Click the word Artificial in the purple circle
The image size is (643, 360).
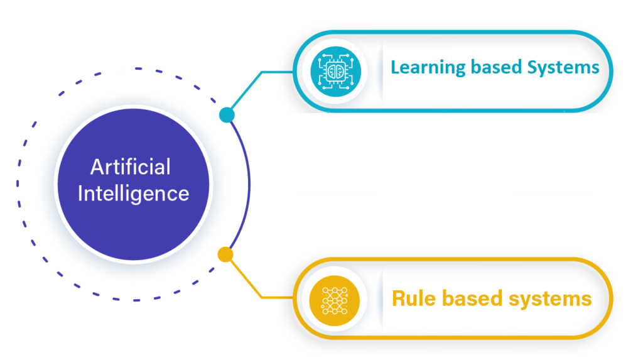point(131,166)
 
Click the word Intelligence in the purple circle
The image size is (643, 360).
point(133,194)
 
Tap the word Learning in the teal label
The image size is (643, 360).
point(428,68)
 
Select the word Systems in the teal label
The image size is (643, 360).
point(563,68)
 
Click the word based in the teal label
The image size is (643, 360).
point(496,67)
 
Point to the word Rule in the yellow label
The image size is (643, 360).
point(414,298)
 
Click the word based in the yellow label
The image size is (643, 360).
point(472,298)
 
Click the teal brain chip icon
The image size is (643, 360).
point(335,72)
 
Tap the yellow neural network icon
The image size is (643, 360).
point(335,300)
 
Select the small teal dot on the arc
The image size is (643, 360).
point(227,115)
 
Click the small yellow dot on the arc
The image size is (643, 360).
point(225,254)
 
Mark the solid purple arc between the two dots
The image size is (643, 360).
point(249,185)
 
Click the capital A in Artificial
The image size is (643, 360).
point(97,166)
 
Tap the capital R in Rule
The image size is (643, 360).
point(399,298)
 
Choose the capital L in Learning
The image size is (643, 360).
point(396,67)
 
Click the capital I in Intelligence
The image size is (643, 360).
point(80,193)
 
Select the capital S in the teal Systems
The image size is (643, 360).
point(532,67)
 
